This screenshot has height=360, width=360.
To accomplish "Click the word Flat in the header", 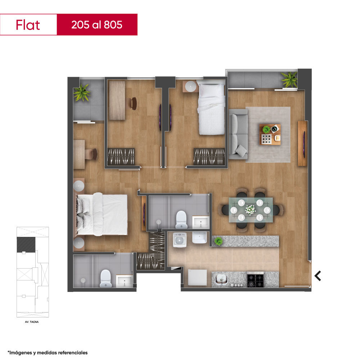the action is [x=28, y=25].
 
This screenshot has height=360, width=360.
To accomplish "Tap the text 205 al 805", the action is [x=96, y=25].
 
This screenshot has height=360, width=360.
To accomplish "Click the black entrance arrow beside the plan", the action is [x=318, y=276].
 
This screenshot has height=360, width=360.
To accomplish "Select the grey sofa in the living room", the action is [x=238, y=134].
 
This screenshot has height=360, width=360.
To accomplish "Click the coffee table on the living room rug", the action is [x=270, y=135].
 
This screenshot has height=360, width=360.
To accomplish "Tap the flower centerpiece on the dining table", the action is [x=250, y=210].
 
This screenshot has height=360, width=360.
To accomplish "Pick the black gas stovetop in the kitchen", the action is [x=256, y=279].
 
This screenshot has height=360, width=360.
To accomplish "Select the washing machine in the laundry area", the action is [x=180, y=240].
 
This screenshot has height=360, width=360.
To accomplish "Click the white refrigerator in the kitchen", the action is [x=197, y=278].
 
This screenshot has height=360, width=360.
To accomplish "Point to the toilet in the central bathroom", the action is [x=181, y=220].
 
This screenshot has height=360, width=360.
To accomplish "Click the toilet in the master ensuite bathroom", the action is [x=106, y=278].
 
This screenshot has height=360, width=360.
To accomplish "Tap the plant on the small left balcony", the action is [x=81, y=93].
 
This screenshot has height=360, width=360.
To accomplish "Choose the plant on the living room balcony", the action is [x=289, y=80].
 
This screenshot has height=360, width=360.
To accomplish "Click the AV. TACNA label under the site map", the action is [x=32, y=322].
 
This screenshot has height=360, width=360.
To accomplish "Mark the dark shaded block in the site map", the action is [x=26, y=244].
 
